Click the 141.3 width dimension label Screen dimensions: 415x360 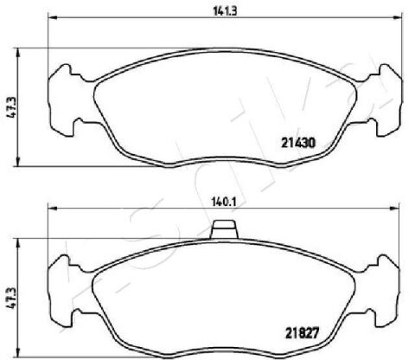[x=225, y=11]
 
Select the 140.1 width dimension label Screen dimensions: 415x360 [x=224, y=202]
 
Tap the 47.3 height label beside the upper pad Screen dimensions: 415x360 [x=12, y=107]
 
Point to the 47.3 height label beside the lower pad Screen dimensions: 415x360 [x=11, y=298]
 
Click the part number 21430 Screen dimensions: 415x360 [x=298, y=143]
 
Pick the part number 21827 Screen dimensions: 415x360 [x=303, y=333]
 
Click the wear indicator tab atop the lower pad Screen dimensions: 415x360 [x=225, y=229]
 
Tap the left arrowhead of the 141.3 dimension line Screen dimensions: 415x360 [x=52, y=17]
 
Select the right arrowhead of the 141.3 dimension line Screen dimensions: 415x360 [x=397, y=17]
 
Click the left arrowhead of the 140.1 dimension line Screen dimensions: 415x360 [x=52, y=209]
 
